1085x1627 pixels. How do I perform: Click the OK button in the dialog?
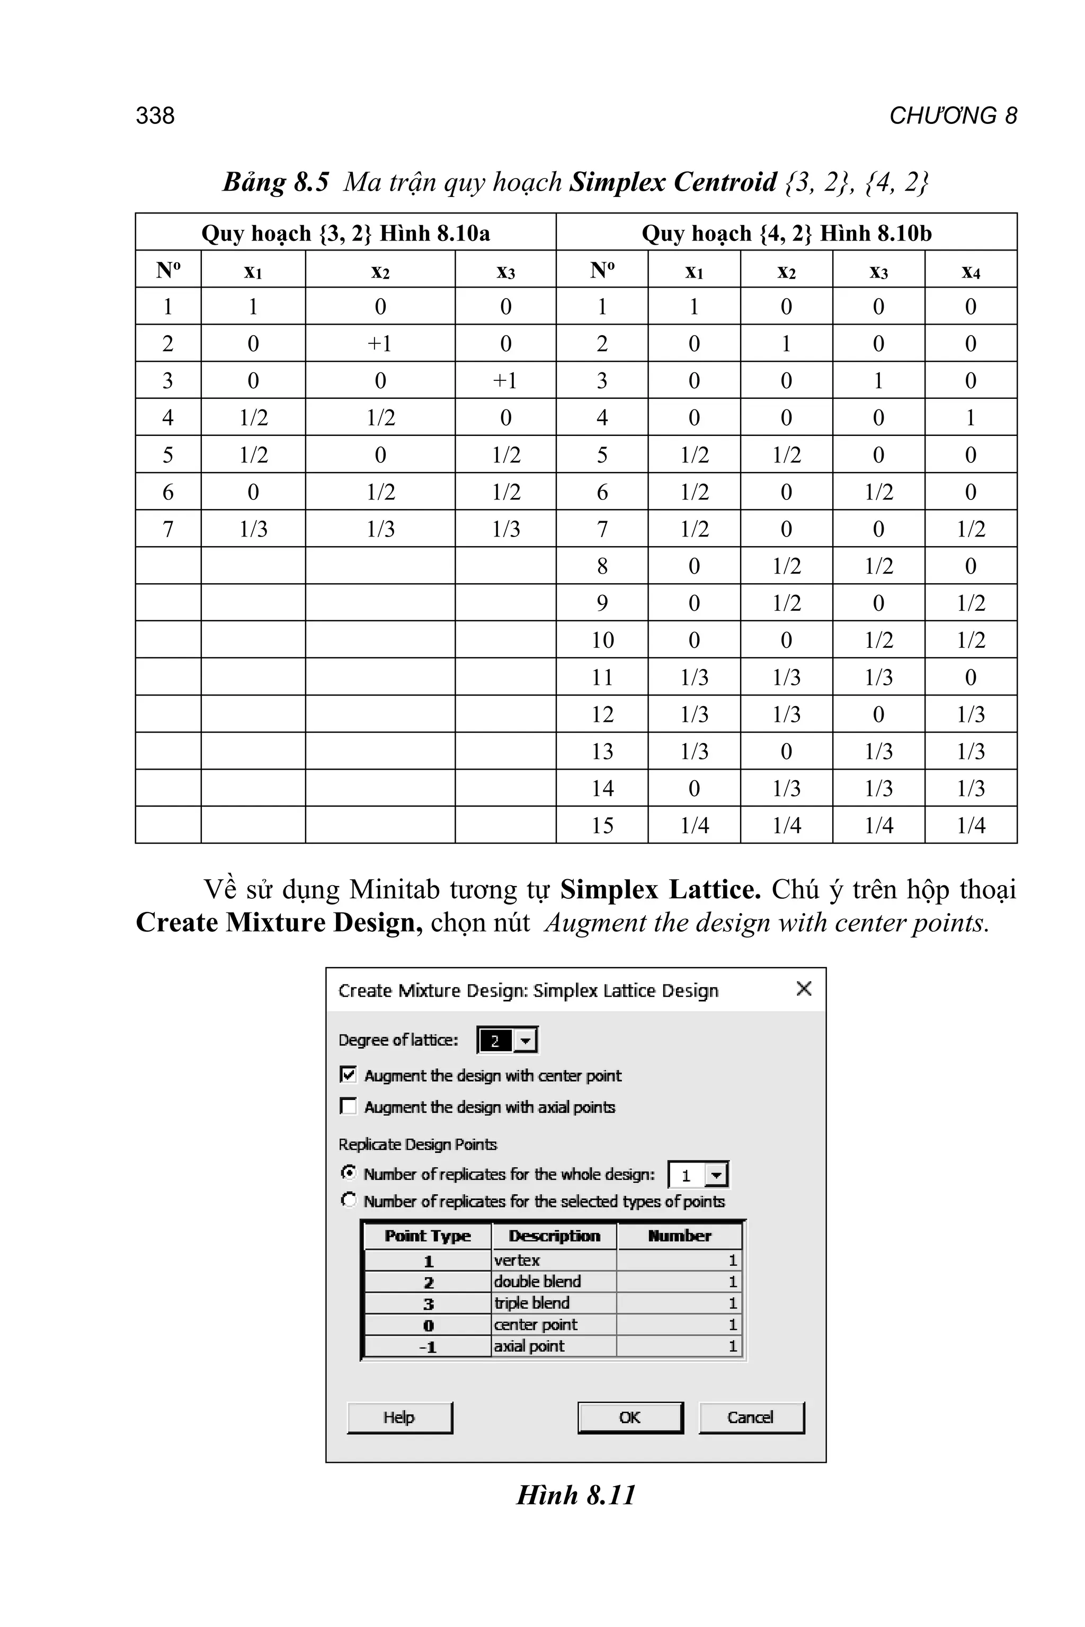[630, 1417]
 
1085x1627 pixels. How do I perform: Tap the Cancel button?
[751, 1417]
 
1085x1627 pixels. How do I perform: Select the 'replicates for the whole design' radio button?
[349, 1173]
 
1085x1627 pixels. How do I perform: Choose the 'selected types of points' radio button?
[349, 1200]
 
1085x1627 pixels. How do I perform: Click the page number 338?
[155, 115]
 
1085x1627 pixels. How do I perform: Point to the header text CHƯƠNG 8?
[953, 115]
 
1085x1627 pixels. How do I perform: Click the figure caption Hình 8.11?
[576, 1495]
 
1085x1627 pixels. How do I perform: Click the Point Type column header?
[428, 1236]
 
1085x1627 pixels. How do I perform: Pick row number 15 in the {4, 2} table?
[602, 825]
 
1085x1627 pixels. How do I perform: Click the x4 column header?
[971, 271]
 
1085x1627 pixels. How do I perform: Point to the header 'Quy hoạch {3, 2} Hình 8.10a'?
[345, 233]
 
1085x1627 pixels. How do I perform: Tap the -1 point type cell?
[428, 1347]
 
